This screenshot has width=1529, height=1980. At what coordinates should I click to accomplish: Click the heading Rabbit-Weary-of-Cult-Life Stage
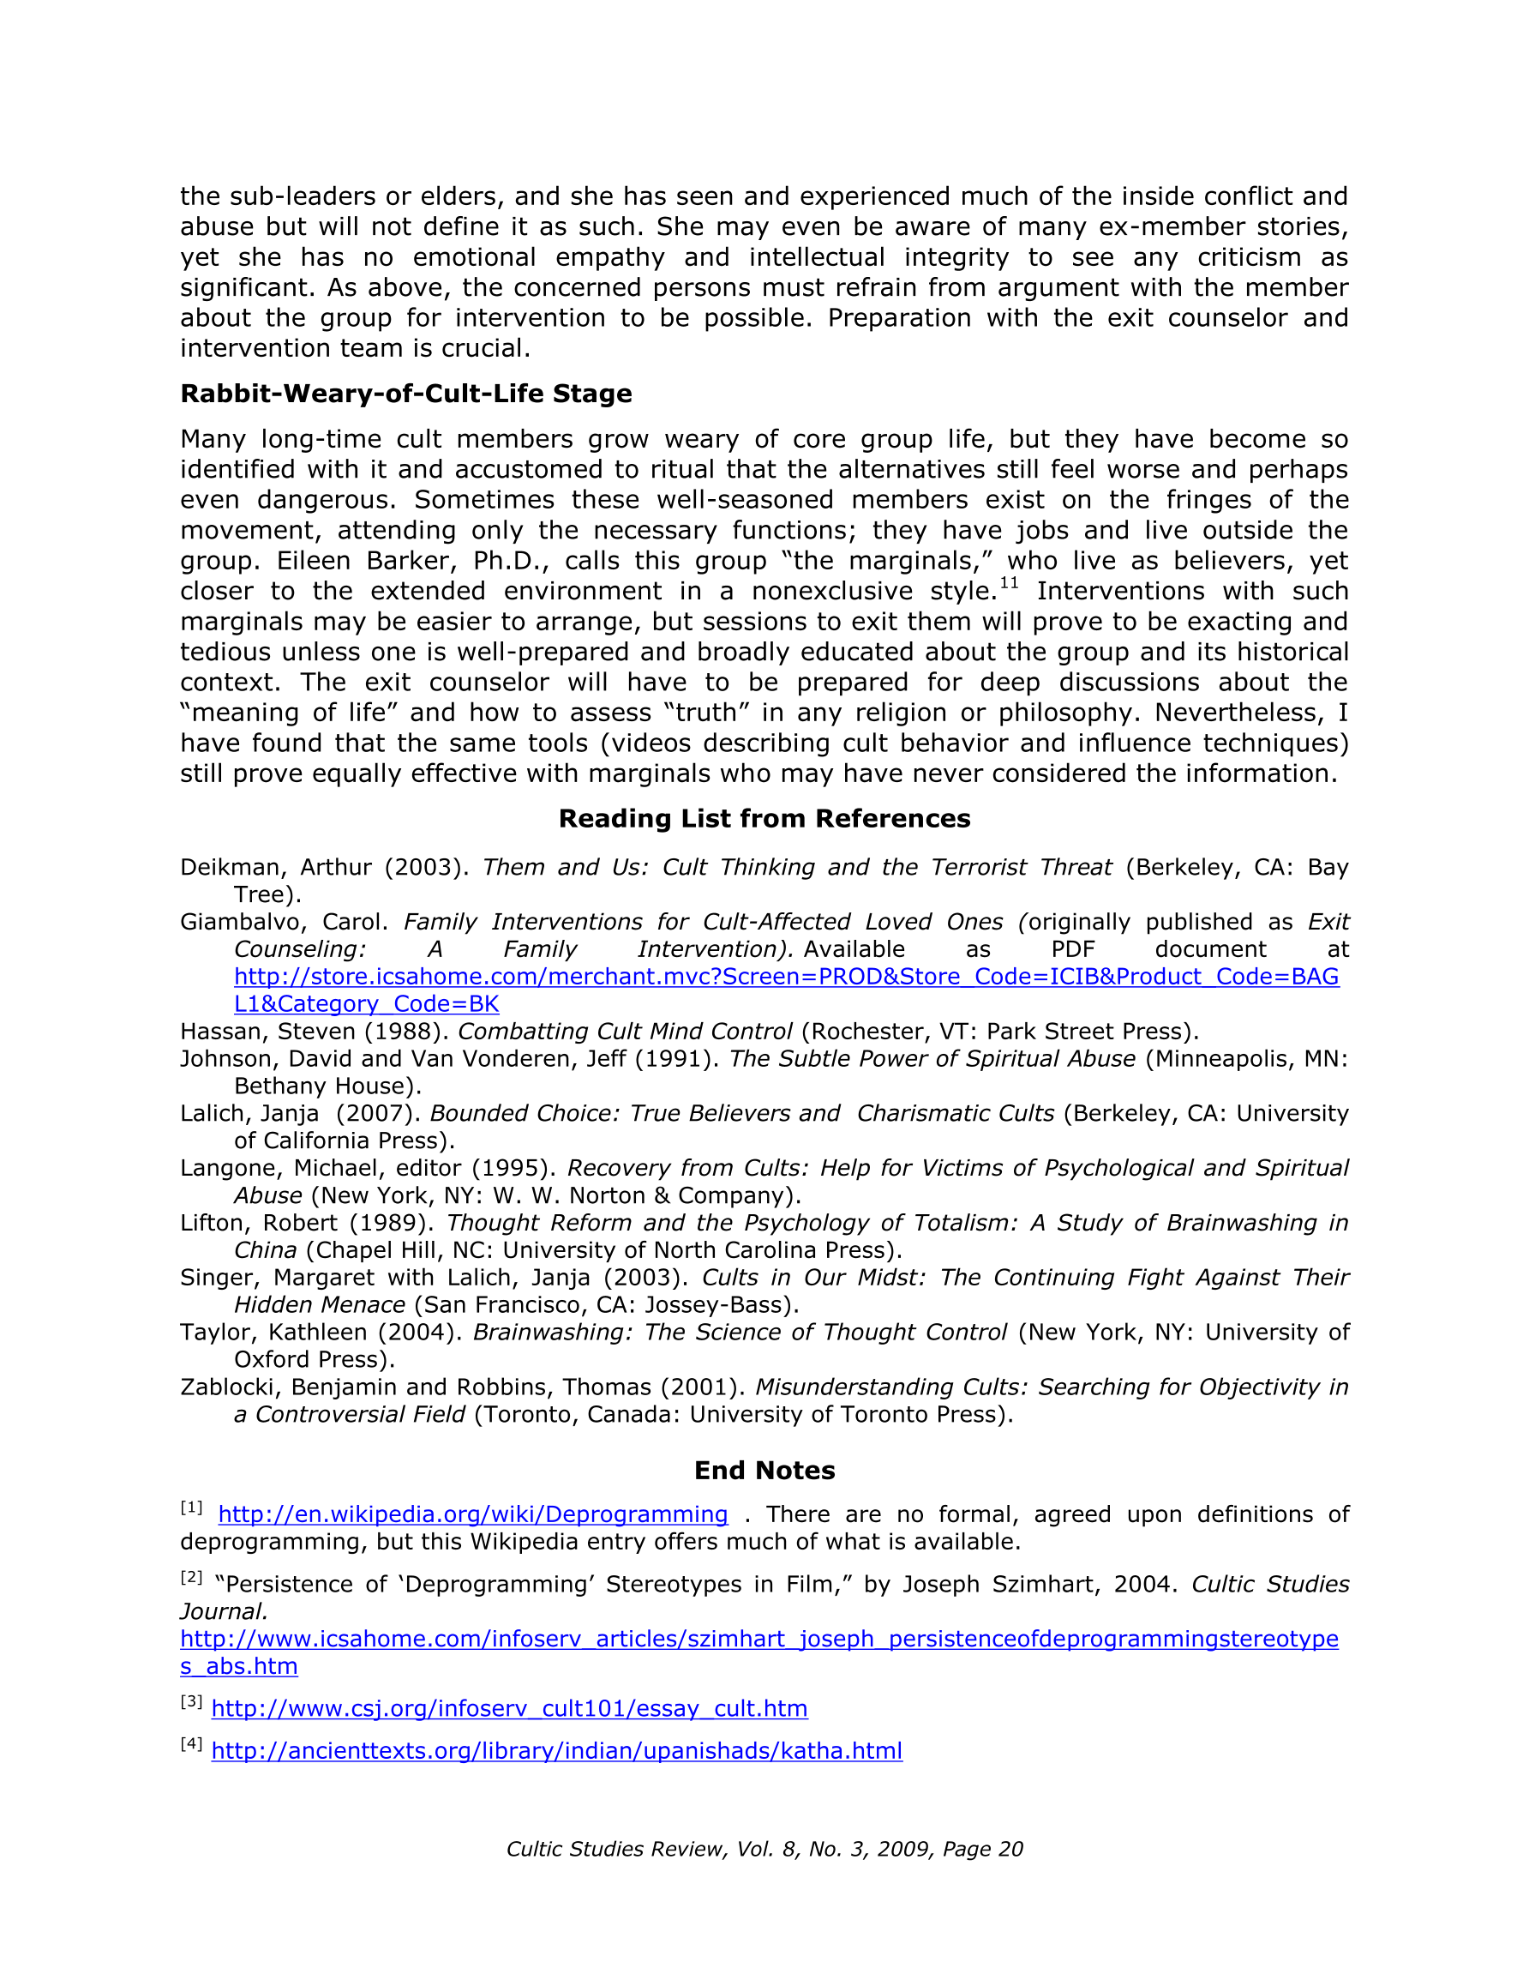(406, 394)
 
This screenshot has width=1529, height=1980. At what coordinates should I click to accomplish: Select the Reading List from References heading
(764, 819)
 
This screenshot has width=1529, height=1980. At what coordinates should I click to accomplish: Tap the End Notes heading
(764, 1470)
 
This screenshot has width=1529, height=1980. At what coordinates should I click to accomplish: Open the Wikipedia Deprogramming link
(473, 1515)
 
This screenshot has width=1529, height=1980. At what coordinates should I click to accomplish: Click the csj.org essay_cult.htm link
(509, 1709)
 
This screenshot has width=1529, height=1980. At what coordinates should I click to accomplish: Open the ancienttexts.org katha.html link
(556, 1751)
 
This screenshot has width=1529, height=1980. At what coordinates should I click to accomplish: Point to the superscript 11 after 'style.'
(1009, 584)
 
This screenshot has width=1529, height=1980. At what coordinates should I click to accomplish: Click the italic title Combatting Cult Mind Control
(626, 1032)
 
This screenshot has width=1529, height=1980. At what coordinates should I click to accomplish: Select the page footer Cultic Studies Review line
(764, 1850)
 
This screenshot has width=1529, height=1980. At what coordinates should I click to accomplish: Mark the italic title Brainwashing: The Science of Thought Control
(740, 1333)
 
